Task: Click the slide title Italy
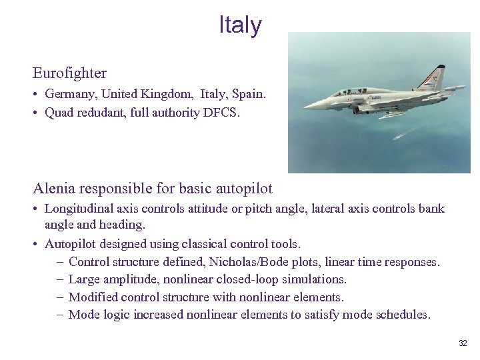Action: (240, 25)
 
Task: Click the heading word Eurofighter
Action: (69, 72)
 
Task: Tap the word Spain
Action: (249, 95)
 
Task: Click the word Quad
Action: (59, 113)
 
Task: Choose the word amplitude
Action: (127, 279)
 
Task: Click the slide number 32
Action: (463, 343)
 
